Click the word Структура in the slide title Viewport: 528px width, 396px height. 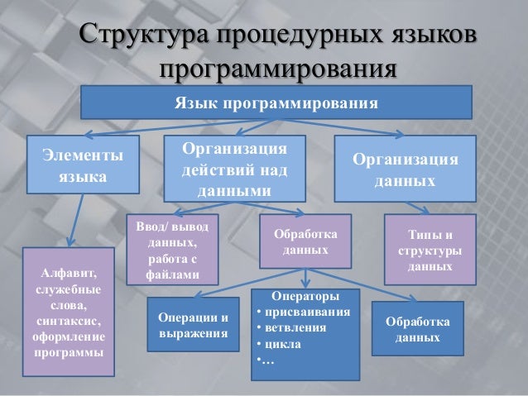(x=142, y=38)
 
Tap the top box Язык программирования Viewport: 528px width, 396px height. (x=276, y=104)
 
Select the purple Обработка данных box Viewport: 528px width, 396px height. (x=305, y=241)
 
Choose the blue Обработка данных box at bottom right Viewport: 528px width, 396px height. (x=417, y=328)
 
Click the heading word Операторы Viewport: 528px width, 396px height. (x=305, y=296)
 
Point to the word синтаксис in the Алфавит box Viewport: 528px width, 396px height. (x=68, y=322)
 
